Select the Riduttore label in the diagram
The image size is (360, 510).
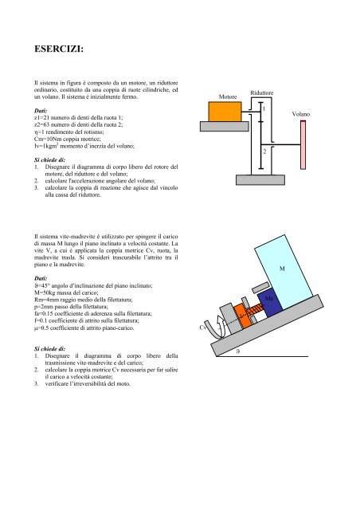[x=262, y=93]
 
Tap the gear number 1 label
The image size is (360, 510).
[x=264, y=109]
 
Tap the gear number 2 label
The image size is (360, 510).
[x=264, y=150]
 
